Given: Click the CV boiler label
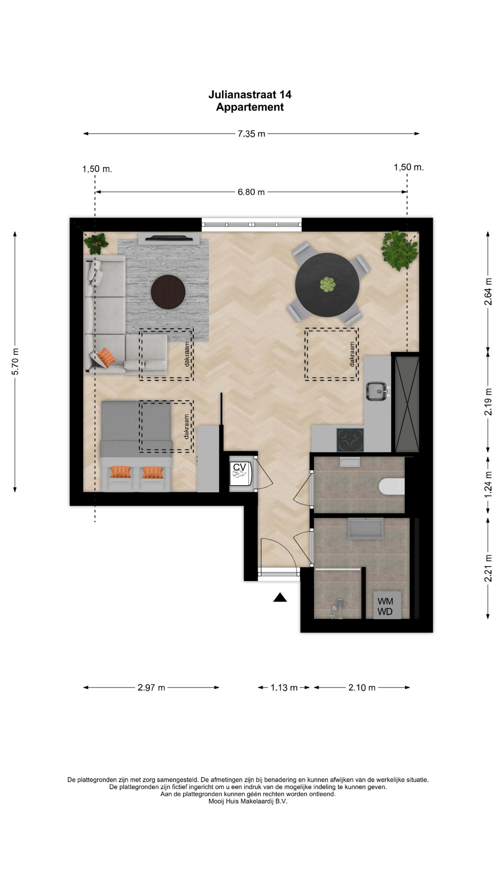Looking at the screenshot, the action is (x=239, y=467).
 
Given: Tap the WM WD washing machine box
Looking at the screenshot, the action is (x=387, y=606).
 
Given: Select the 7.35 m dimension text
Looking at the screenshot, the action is (x=251, y=134).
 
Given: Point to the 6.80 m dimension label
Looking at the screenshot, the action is (x=251, y=192).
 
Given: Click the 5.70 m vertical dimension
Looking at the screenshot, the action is (x=15, y=361).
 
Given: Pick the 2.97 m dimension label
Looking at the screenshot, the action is (x=151, y=688).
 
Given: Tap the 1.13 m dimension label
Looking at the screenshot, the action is (x=284, y=688).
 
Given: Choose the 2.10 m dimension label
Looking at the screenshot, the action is (x=362, y=688).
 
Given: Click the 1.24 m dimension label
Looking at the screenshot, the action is (x=488, y=484).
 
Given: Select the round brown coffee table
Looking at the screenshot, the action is (x=168, y=292).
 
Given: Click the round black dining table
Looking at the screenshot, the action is (x=327, y=285).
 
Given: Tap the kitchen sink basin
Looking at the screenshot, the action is (x=376, y=391).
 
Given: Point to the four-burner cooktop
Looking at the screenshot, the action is (x=350, y=440).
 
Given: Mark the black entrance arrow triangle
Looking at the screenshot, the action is (x=280, y=597).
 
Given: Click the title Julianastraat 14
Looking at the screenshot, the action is (x=250, y=95).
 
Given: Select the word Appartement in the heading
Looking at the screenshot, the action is (x=250, y=107).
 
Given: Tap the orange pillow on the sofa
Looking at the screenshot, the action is (x=105, y=358).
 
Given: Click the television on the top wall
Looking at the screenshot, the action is (x=169, y=238).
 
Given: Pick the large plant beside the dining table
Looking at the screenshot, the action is (x=399, y=250).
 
